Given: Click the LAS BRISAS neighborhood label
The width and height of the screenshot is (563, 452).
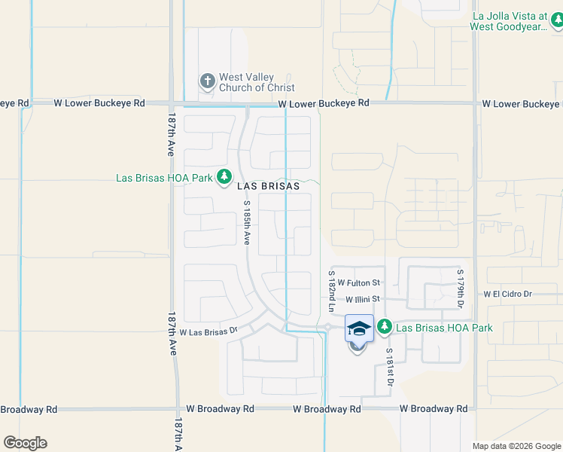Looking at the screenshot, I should [x=269, y=185].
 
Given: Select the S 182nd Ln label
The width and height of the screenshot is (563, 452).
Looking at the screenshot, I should [x=330, y=290].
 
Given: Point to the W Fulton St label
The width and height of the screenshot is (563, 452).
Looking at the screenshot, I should [x=359, y=282].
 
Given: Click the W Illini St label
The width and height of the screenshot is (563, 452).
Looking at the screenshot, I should [x=364, y=299].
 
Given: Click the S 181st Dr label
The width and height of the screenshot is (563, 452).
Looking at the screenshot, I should [x=390, y=368].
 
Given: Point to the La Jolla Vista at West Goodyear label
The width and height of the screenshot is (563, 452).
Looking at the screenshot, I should [x=516, y=20].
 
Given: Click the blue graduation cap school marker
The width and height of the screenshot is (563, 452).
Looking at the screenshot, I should [x=359, y=329].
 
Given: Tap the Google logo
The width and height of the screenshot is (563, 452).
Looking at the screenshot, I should [x=25, y=443].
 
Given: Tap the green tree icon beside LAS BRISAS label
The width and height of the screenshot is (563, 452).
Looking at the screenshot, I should [x=224, y=177].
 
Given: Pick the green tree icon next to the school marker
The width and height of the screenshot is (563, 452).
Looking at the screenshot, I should [x=385, y=327].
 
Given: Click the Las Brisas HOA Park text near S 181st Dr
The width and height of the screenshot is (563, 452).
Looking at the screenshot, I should [x=444, y=328].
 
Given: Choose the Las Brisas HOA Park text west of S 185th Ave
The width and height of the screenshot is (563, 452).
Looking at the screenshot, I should [x=165, y=178].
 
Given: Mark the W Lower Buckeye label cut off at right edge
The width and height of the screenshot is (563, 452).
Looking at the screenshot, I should [x=522, y=103].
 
